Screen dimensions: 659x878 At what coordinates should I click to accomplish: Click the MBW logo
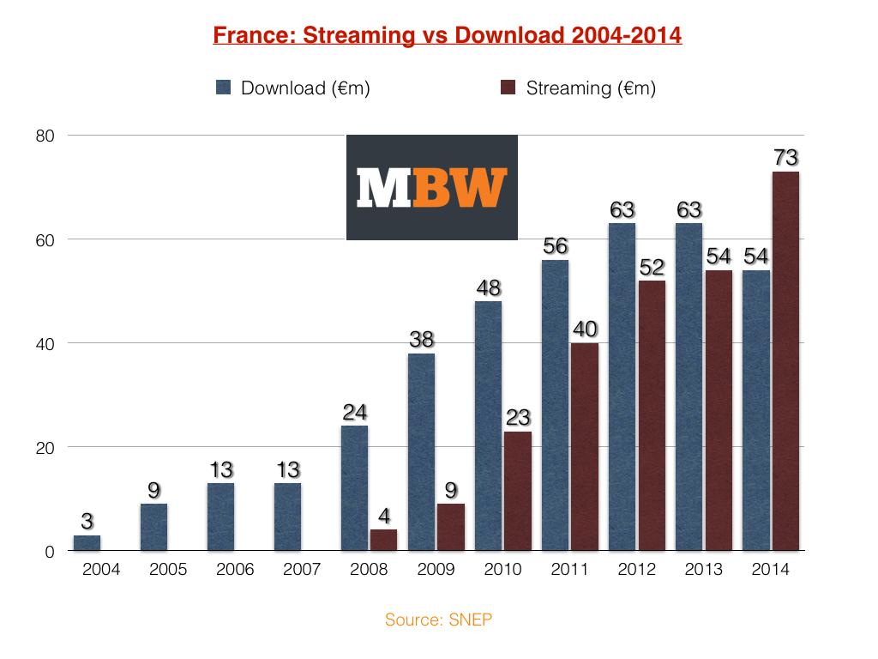pyautogui.click(x=431, y=187)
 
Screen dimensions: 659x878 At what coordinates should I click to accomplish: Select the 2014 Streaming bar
pyautogui.click(x=785, y=360)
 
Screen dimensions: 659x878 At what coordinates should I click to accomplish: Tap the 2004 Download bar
pyautogui.click(x=87, y=542)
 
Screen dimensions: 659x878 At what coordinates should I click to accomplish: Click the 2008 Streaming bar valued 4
pyautogui.click(x=383, y=540)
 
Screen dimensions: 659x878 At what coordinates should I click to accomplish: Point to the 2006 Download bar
pyautogui.click(x=220, y=517)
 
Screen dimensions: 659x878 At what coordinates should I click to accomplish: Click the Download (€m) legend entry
pyautogui.click(x=294, y=88)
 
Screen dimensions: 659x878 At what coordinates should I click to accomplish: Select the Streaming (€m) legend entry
pyautogui.click(x=579, y=88)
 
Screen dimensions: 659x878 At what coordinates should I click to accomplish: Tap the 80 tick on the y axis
pyautogui.click(x=45, y=136)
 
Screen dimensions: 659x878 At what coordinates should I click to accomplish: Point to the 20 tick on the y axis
pyautogui.click(x=45, y=447)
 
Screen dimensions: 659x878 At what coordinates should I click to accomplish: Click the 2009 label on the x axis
pyautogui.click(x=436, y=570)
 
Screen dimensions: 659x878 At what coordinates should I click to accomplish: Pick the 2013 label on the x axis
pyautogui.click(x=703, y=570)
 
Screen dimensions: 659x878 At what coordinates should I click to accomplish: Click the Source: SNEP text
pyautogui.click(x=439, y=620)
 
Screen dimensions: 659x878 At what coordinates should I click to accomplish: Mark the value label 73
pyautogui.click(x=785, y=158)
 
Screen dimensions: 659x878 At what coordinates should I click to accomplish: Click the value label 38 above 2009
pyautogui.click(x=421, y=340)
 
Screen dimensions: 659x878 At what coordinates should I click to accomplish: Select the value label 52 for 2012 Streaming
pyautogui.click(x=652, y=267)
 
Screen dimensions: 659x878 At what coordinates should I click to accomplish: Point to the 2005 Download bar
pyautogui.click(x=153, y=527)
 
